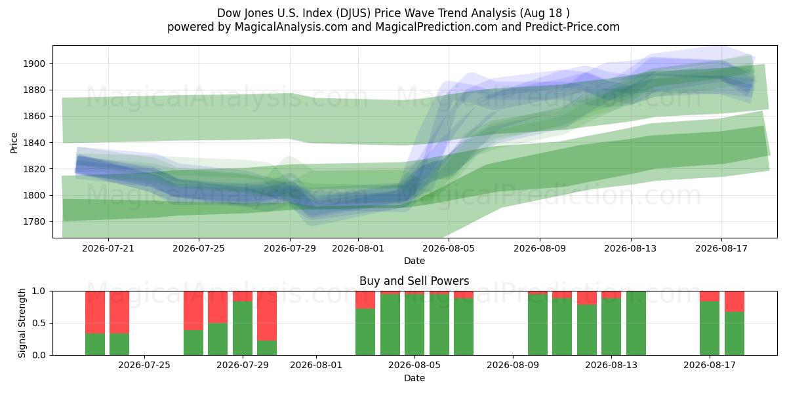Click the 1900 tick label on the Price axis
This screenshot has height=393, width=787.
pyautogui.click(x=34, y=64)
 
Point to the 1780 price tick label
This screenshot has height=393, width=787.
pyautogui.click(x=34, y=222)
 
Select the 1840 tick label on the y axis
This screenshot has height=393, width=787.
pyautogui.click(x=34, y=143)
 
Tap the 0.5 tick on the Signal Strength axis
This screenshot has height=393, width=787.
pyautogui.click(x=39, y=323)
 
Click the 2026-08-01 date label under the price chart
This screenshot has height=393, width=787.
pyautogui.click(x=358, y=248)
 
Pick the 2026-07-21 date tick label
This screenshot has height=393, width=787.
pyautogui.click(x=108, y=248)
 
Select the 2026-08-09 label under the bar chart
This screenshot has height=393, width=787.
pyautogui.click(x=513, y=365)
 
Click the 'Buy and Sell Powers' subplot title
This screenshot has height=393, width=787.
pyautogui.click(x=414, y=281)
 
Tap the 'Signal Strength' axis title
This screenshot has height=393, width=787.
pyautogui.click(x=22, y=323)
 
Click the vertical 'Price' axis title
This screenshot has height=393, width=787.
pyautogui.click(x=14, y=143)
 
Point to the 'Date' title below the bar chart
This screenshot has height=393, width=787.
pyautogui.click(x=414, y=378)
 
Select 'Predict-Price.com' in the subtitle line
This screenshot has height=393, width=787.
pyautogui.click(x=573, y=27)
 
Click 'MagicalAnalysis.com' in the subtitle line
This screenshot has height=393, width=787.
pyautogui.click(x=291, y=27)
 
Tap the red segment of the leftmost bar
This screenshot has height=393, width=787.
pyautogui.click(x=95, y=312)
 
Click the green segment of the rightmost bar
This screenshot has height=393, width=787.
pyautogui.click(x=735, y=333)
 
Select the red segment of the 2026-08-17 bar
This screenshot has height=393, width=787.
pyautogui.click(x=710, y=296)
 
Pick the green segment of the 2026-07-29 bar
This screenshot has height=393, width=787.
pyautogui.click(x=243, y=328)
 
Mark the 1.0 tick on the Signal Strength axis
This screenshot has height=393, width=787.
pyautogui.click(x=39, y=291)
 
